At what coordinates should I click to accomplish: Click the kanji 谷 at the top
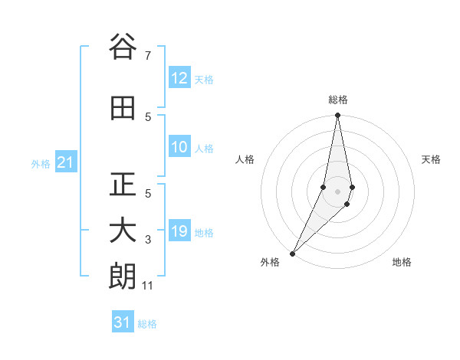(123, 47)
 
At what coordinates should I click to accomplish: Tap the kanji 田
(123, 108)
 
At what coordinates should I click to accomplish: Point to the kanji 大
(123, 231)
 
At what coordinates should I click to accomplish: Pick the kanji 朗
(123, 277)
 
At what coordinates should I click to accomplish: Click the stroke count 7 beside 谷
(147, 56)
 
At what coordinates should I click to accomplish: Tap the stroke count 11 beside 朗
(149, 286)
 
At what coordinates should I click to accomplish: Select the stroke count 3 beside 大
(147, 240)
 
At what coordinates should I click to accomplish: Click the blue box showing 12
(179, 78)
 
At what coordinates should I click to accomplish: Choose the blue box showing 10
(179, 147)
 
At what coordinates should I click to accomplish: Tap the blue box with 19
(179, 231)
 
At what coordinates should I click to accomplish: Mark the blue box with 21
(65, 162)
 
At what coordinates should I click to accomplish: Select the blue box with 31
(123, 323)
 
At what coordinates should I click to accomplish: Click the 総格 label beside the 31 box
(147, 324)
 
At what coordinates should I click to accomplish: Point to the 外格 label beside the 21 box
(41, 163)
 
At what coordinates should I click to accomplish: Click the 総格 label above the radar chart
(338, 100)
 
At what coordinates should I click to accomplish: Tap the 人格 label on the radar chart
(245, 159)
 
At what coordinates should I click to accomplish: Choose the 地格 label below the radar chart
(402, 262)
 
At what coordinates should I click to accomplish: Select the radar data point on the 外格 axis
(292, 253)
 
